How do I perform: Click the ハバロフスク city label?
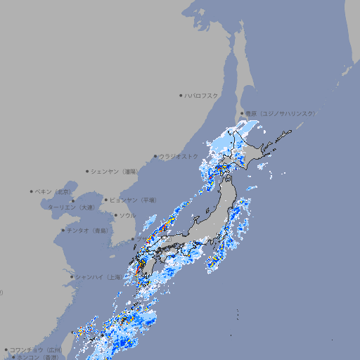coord(202,95)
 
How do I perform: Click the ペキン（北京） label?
coord(55,191)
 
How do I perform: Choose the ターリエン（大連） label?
coord(71,207)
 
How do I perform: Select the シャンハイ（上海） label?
coord(98,276)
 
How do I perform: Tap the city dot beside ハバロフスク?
coord(181,95)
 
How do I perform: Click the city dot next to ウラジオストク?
coord(155,156)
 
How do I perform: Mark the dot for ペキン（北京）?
coord(32,191)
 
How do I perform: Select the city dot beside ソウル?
coord(115,215)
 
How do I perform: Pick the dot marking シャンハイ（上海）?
coord(72,276)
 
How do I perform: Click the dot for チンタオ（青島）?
coord(63,230)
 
